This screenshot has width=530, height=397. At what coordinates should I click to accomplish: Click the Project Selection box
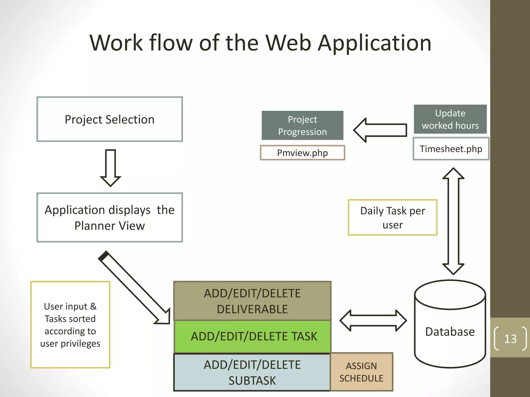[109, 119]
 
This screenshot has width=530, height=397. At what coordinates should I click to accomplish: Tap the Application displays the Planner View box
[109, 217]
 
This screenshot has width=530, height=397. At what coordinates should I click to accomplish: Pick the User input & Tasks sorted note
[70, 325]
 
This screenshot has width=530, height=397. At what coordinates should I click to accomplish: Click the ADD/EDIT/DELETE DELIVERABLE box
[252, 301]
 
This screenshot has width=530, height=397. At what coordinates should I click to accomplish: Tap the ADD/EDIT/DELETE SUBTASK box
[252, 372]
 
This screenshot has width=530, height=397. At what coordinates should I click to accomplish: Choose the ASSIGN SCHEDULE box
[361, 372]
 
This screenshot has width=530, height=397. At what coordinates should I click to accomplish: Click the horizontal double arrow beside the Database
[373, 321]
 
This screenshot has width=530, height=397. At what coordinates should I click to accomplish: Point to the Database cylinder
[450, 332]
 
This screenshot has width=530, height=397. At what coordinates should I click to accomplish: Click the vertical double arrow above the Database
[453, 221]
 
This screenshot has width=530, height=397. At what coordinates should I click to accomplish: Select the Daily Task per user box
[392, 217]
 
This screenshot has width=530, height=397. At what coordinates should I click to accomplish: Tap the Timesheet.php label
[451, 149]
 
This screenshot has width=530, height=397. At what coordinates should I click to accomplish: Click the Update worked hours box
[450, 119]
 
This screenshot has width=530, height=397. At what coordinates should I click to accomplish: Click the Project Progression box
[302, 126]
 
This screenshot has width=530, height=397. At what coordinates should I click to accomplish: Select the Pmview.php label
[302, 153]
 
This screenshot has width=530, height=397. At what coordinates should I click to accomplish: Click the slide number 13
[510, 339]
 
